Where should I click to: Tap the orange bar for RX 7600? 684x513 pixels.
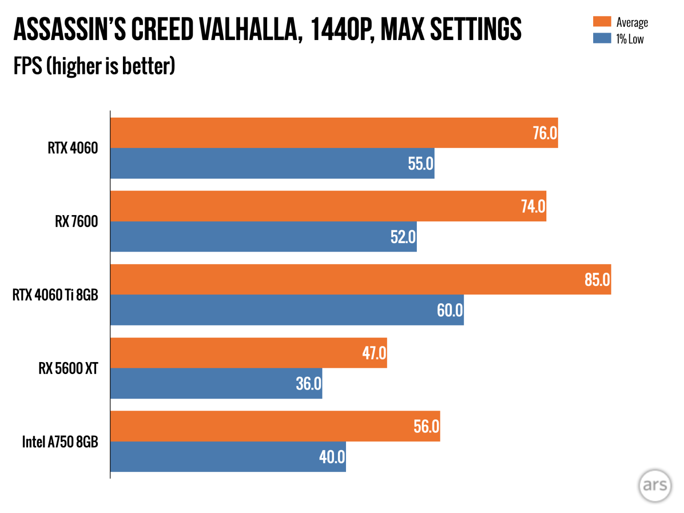point(312,206)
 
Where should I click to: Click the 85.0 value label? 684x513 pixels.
point(597,280)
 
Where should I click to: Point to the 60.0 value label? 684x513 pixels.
point(449,310)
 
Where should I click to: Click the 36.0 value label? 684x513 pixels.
point(308,383)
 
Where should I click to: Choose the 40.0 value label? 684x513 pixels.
point(332,457)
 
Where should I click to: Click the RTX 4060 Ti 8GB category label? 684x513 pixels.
point(55,295)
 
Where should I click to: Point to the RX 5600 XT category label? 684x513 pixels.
point(68,368)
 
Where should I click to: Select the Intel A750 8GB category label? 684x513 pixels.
point(60,442)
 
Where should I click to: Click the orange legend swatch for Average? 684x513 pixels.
point(602,22)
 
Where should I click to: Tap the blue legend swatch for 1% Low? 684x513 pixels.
point(602,38)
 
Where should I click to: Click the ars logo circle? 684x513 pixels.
point(655,485)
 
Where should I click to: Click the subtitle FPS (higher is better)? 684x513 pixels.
point(94,66)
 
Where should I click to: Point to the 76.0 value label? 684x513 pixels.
point(545,133)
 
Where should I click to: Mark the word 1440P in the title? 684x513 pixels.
point(341,29)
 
